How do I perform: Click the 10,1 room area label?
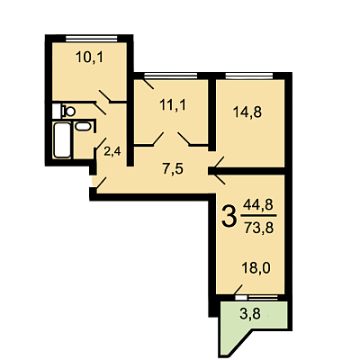(x=89, y=57)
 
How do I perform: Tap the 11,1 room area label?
(x=173, y=105)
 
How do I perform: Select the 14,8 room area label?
(x=247, y=112)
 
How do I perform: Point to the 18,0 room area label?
(x=256, y=268)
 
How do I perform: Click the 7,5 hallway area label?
(x=173, y=169)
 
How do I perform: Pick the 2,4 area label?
(x=112, y=151)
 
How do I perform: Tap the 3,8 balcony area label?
(x=250, y=314)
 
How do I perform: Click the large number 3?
(x=229, y=217)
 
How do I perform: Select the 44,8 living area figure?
(x=257, y=205)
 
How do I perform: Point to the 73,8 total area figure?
(x=258, y=229)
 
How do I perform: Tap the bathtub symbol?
(x=62, y=140)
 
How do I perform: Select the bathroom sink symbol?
(x=83, y=126)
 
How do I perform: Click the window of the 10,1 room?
(x=91, y=39)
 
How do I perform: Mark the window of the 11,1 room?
(x=170, y=76)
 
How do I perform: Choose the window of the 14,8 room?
(x=249, y=76)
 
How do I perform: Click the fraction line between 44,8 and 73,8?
(x=259, y=216)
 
